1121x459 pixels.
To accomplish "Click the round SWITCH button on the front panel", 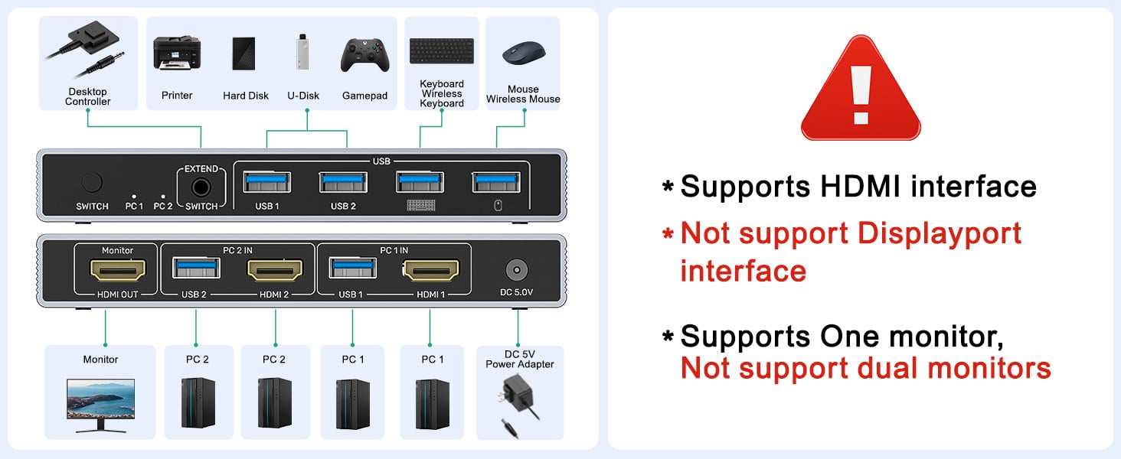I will coord(91,183).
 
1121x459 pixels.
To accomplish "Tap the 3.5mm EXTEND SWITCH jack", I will coord(201,186).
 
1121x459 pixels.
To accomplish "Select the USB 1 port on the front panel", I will coord(266,182).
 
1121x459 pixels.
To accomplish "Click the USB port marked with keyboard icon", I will coord(420,182).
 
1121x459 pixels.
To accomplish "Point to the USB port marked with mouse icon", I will coord(496,182).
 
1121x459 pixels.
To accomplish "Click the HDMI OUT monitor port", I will coord(118,269).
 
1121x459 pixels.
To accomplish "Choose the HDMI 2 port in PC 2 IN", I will coord(274,269).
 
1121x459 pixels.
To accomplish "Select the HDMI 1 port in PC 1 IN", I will coord(430,269).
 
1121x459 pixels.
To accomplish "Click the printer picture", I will coord(177,53).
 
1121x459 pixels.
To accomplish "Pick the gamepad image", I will coord(364,54).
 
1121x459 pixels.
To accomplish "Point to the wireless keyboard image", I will coord(441,51).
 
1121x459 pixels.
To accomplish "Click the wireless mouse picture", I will coord(524,53).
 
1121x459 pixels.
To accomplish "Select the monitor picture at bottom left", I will coord(100,405).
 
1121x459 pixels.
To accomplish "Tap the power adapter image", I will coord(519,405).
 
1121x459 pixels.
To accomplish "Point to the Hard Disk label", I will coord(246,96).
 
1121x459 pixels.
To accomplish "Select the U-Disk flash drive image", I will coord(303,52).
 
